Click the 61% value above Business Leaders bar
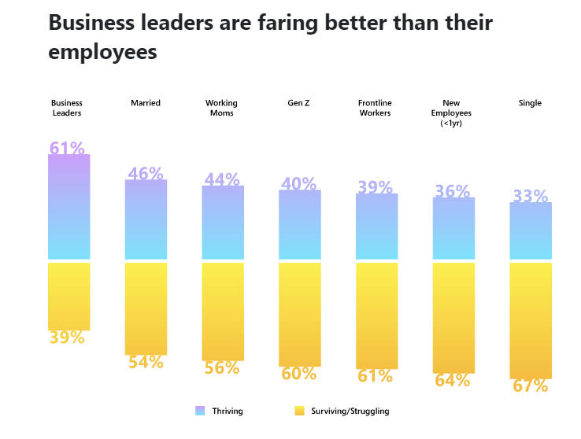click(67, 148)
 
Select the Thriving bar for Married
click(146, 219)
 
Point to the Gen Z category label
click(298, 103)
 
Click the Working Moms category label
click(221, 108)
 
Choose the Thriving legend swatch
click(199, 411)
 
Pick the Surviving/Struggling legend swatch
click(298, 411)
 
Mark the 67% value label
click(531, 386)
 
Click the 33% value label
click(531, 196)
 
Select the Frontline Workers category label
click(376, 108)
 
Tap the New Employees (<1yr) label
click(452, 113)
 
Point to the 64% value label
click(453, 381)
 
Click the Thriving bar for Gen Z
click(299, 224)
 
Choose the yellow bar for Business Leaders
click(69, 296)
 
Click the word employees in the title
click(103, 53)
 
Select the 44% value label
click(222, 179)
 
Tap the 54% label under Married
click(146, 362)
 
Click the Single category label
click(530, 103)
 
